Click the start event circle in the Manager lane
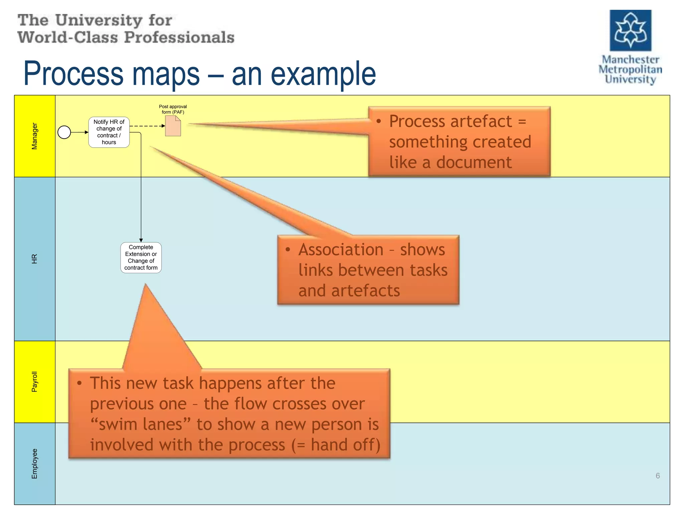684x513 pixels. click(64, 132)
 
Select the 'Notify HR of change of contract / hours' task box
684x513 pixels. click(109, 132)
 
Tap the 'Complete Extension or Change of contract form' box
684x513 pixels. click(141, 258)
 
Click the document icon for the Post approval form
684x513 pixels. click(173, 126)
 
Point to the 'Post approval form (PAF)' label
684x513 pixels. click(173, 109)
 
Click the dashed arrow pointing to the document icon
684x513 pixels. click(147, 126)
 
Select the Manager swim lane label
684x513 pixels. click(34, 136)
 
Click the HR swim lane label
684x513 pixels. click(34, 259)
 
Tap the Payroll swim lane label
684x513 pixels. click(34, 381)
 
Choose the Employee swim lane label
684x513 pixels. click(34, 464)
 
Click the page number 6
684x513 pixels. click(658, 476)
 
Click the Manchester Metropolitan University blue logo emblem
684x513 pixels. click(630, 30)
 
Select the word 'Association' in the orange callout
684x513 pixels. click(341, 250)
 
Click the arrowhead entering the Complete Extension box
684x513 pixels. click(141, 240)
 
